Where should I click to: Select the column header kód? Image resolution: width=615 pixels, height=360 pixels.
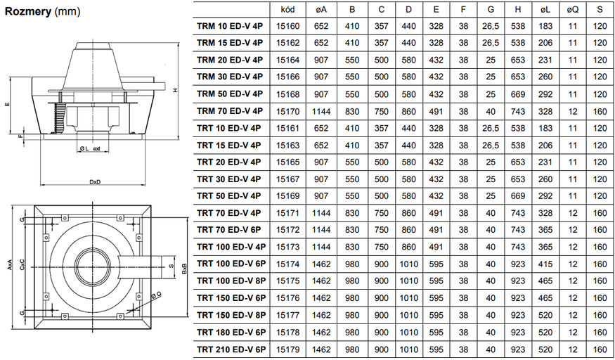[x=287, y=10]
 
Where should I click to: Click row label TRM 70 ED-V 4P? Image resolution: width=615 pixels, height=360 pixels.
[x=230, y=110]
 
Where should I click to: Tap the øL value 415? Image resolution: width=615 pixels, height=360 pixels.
[x=545, y=264]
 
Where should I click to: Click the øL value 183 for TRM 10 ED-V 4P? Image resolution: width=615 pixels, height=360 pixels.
[x=545, y=27]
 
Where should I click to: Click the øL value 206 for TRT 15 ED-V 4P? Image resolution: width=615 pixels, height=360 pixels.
[x=545, y=145]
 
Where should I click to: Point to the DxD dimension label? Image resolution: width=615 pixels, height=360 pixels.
[x=96, y=182]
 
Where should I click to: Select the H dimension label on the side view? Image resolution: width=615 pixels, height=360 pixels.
[x=176, y=90]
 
